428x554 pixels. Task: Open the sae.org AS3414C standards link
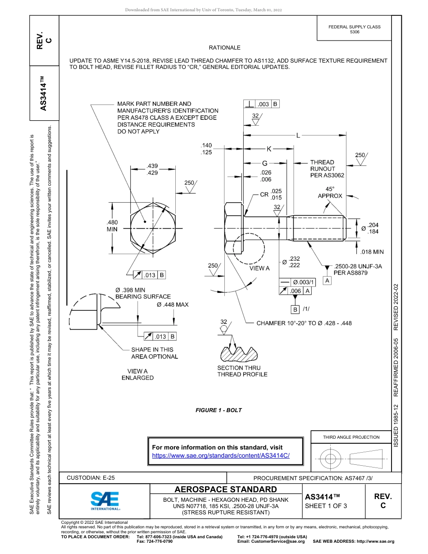(x=221, y=455)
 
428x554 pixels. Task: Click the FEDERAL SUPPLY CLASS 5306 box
(x=354, y=29)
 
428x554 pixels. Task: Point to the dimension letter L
(x=298, y=135)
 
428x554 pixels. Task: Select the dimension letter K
(x=269, y=149)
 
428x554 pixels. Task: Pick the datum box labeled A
(x=328, y=281)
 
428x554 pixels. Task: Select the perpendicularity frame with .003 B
(x=262, y=104)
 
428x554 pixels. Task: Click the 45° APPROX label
(x=330, y=192)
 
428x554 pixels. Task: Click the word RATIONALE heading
(x=224, y=48)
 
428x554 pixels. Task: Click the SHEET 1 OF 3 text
(x=326, y=506)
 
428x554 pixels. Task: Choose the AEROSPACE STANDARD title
(x=226, y=490)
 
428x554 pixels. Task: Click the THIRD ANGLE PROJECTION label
(x=351, y=437)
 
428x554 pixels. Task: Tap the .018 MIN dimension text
(x=372, y=252)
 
